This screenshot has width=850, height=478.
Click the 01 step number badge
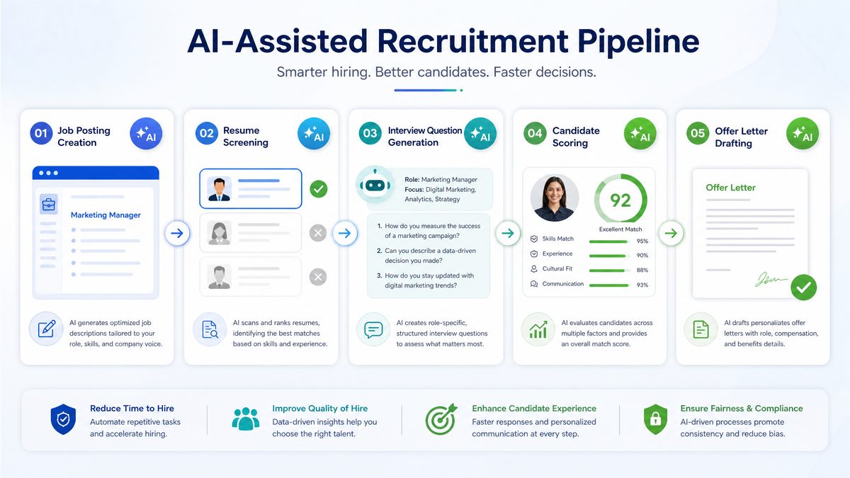[x=41, y=133]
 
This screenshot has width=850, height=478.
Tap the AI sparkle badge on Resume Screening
[x=314, y=134]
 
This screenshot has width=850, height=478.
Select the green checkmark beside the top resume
[x=318, y=189]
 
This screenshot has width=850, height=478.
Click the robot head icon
[x=375, y=184]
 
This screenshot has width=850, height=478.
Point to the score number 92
[x=620, y=200]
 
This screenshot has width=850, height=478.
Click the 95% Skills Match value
[x=642, y=241]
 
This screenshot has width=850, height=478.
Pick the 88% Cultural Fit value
[x=642, y=270]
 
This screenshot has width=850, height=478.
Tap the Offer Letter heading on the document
[x=730, y=188]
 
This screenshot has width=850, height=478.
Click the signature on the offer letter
[x=771, y=280]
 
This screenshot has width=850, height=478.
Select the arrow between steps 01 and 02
[x=177, y=233]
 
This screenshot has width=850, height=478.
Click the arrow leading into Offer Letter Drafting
[x=671, y=233]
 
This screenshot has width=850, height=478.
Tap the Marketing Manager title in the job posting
[x=106, y=215]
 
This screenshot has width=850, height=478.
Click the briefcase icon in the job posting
[x=49, y=205]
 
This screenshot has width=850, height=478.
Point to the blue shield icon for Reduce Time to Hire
[x=63, y=419]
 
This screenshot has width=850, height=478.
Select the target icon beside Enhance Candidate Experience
[x=441, y=419]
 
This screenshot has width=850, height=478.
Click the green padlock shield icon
[x=655, y=419]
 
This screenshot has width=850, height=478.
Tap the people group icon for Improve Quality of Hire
[x=246, y=419]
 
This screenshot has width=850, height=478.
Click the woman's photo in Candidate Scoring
[x=555, y=198]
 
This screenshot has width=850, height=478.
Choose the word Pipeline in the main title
[x=638, y=41]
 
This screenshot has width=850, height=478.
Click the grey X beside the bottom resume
[x=318, y=277]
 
